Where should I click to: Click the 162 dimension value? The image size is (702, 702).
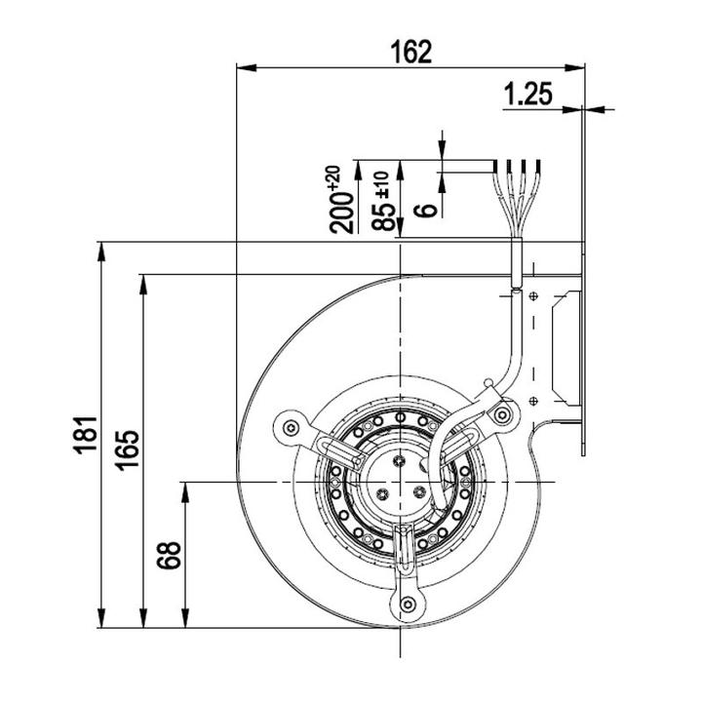[411, 52]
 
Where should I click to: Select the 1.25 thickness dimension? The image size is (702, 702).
[528, 94]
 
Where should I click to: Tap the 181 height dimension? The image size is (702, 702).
[86, 435]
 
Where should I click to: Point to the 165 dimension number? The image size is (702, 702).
[128, 450]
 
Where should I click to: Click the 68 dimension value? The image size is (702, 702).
[170, 555]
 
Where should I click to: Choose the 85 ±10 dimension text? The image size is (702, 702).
[384, 201]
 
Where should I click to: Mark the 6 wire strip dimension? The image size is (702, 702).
[426, 210]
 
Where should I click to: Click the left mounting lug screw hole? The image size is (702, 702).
[292, 428]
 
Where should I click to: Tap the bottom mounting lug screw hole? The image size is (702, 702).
[408, 604]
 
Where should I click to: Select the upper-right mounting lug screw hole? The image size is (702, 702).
[502, 415]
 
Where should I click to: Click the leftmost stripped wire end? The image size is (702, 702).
[495, 166]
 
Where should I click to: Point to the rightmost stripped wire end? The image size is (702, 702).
[537, 166]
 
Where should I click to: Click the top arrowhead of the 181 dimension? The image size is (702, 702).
[101, 252]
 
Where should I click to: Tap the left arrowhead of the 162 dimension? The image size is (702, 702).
[246, 68]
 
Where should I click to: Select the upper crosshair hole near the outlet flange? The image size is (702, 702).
[533, 296]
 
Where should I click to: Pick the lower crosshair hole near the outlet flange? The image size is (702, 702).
[533, 401]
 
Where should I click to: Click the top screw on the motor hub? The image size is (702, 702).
[399, 460]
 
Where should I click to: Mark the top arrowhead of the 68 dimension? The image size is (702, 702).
[185, 492]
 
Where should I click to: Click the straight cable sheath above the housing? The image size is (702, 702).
[517, 262]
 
